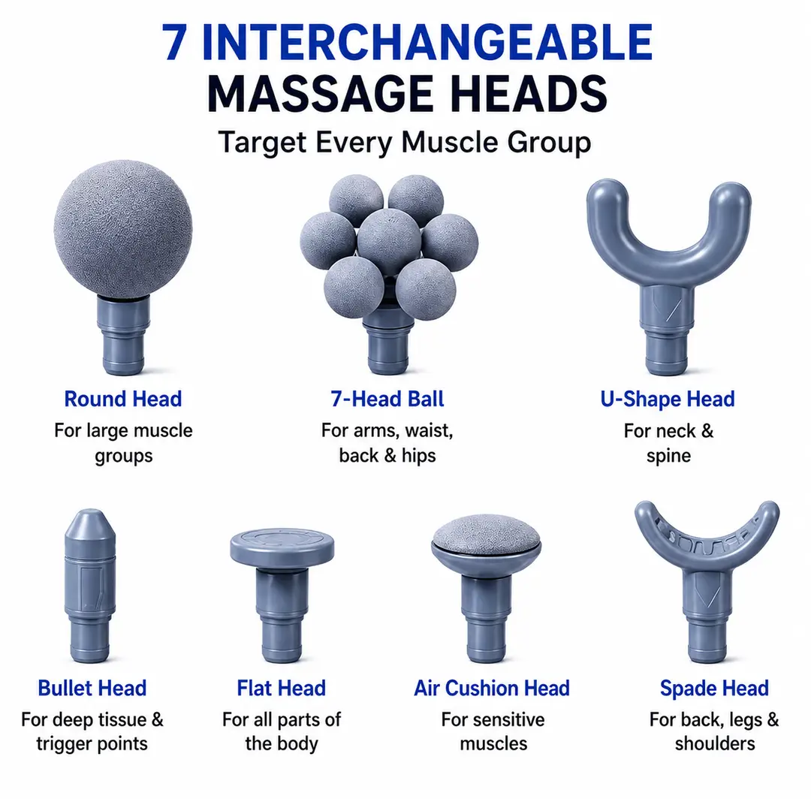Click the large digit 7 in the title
tap(174, 42)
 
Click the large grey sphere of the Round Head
tap(123, 229)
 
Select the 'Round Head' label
tap(123, 399)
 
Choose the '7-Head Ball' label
tap(387, 399)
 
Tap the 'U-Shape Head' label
tap(668, 399)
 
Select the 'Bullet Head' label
tap(92, 689)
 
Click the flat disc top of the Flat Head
tap(282, 547)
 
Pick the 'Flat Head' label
tap(282, 689)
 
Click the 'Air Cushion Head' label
tap(492, 689)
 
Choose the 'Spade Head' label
tap(714, 689)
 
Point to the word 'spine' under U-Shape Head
tap(668, 456)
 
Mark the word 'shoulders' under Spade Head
tap(715, 743)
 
